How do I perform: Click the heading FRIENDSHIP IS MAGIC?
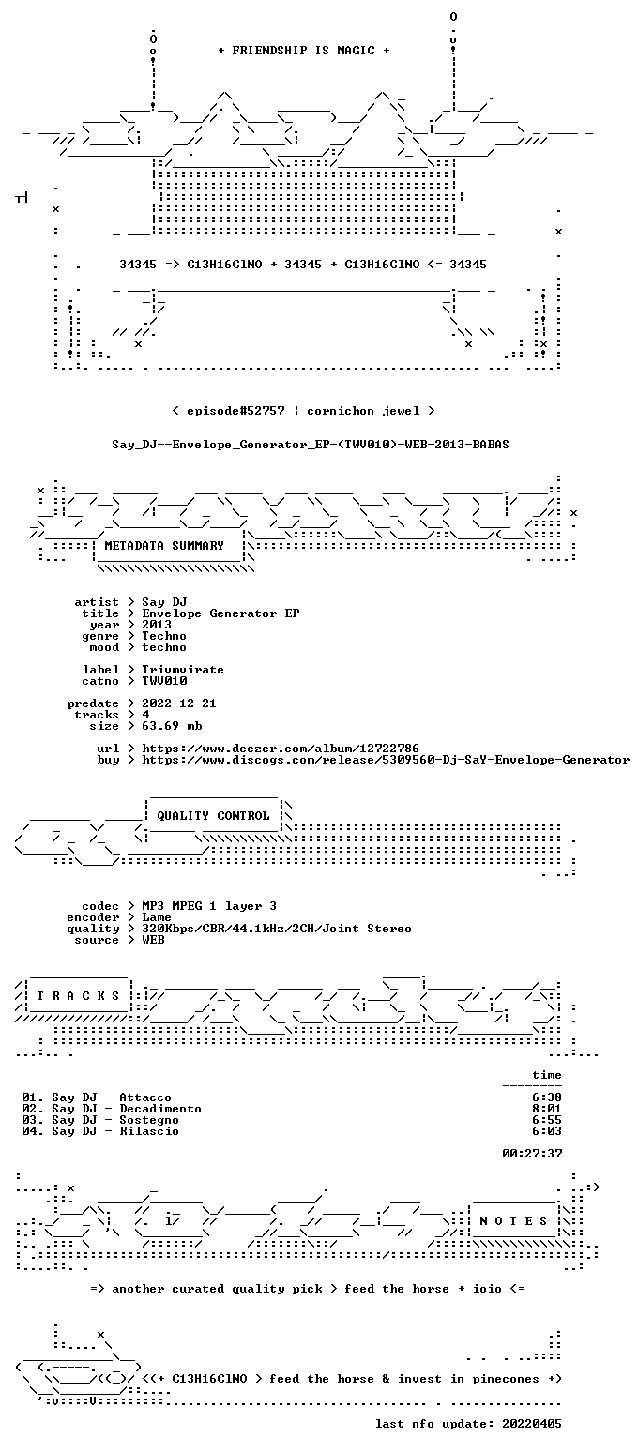tap(303, 51)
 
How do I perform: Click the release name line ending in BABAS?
tap(310, 445)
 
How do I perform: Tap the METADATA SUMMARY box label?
tap(164, 546)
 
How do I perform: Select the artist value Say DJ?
tap(164, 602)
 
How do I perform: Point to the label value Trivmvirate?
tap(183, 670)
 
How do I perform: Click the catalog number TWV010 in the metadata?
tap(164, 681)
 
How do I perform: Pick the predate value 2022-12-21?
tap(179, 703)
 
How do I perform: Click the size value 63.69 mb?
tap(172, 726)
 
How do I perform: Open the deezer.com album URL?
tap(281, 749)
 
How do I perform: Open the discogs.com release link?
tap(386, 760)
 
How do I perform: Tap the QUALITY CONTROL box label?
tap(213, 816)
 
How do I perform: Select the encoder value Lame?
tap(157, 918)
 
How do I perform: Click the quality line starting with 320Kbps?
tap(277, 929)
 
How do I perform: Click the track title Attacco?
tap(145, 1098)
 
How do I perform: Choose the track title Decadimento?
tap(160, 1109)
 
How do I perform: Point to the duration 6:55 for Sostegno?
tap(547, 1120)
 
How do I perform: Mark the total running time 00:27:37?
tap(532, 1154)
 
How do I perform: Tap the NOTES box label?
tap(513, 1221)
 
